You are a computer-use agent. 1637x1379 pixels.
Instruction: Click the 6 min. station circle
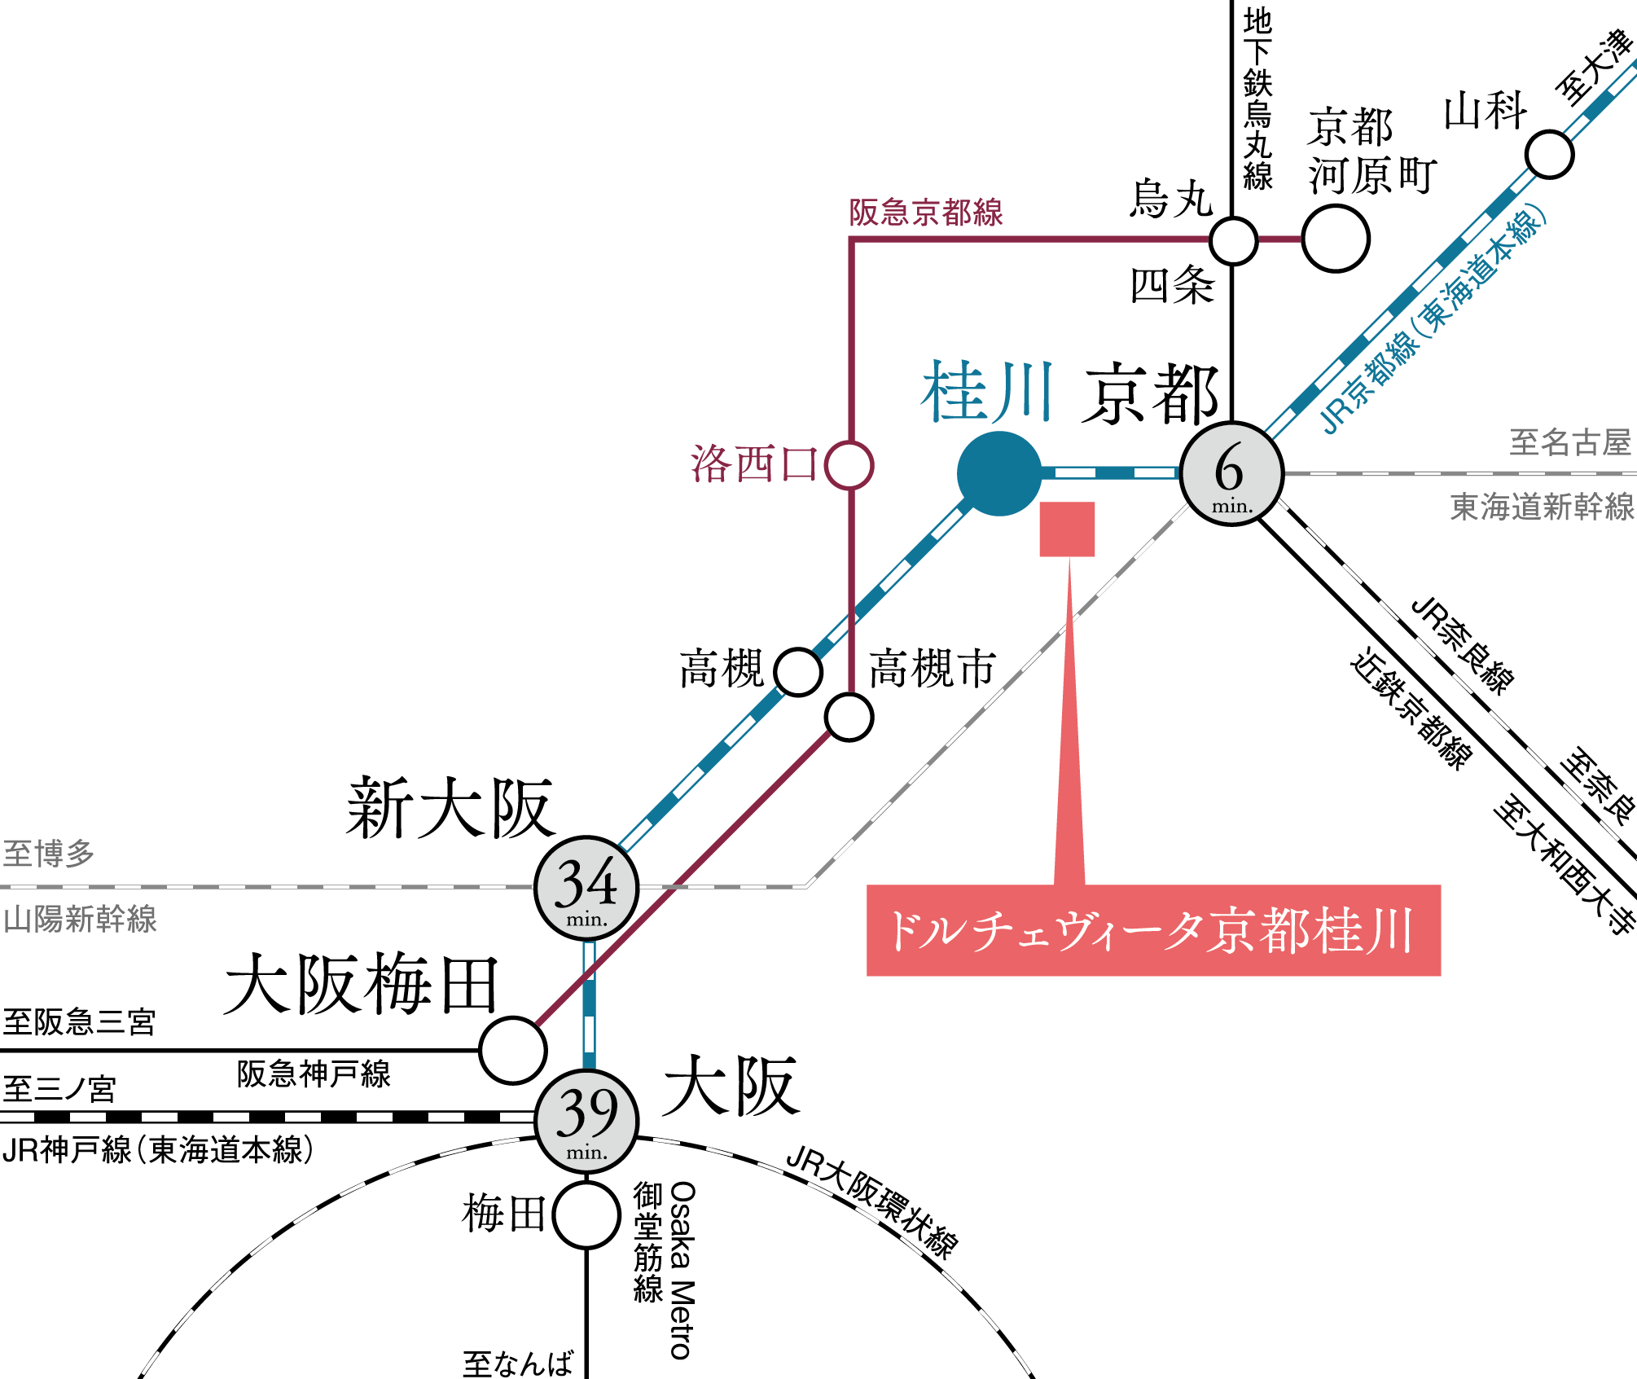1231,473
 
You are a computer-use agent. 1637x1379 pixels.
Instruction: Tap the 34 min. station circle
586,888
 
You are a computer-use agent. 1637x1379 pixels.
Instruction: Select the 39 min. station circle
586,1122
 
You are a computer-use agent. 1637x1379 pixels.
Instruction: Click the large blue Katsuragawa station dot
999,473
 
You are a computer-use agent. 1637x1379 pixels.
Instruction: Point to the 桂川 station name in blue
987,392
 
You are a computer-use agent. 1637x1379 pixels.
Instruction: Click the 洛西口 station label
753,464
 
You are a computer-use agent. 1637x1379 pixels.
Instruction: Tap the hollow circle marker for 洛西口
849,465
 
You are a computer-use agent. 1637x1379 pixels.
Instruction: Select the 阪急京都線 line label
926,213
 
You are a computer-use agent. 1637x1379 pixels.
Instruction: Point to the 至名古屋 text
1570,442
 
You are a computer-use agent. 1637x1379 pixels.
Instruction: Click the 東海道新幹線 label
1542,507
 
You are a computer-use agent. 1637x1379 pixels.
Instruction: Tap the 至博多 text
49,854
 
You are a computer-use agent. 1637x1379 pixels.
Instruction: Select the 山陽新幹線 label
80,919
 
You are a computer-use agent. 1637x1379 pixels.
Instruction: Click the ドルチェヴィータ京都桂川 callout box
1153,930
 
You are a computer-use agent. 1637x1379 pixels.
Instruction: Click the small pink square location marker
1067,529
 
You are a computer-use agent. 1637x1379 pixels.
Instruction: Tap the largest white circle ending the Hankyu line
1336,239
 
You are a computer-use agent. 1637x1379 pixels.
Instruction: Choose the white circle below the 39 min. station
586,1215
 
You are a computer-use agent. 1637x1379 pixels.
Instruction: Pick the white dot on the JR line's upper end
1549,155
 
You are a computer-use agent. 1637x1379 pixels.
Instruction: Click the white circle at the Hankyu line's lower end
513,1051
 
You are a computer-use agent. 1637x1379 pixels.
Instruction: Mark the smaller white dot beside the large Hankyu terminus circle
1233,241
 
